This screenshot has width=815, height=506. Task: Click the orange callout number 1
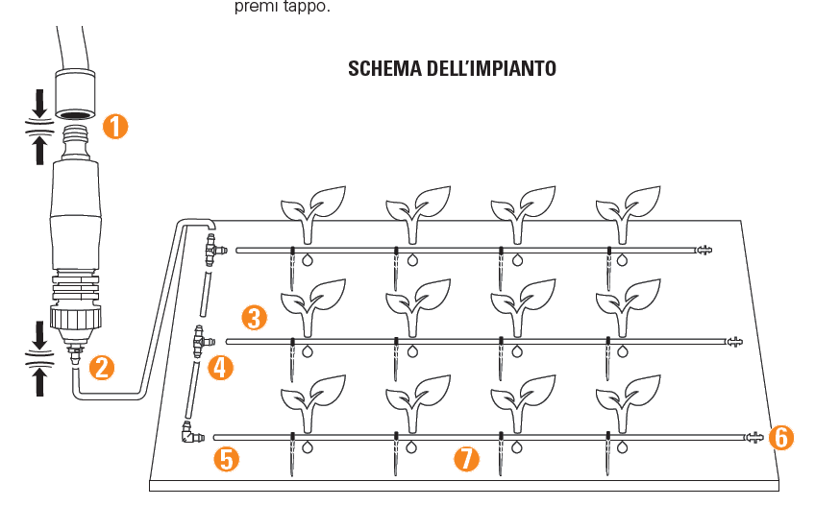(115, 127)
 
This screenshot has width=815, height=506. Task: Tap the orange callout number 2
(101, 366)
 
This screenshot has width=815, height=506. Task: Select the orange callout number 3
(253, 317)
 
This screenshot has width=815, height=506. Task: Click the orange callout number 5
(227, 458)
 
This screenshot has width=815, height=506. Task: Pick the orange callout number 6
(781, 438)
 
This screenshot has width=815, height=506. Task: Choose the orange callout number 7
(466, 458)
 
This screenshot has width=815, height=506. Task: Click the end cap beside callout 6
(755, 438)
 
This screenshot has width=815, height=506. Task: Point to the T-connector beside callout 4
(200, 341)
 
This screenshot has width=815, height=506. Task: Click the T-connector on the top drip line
(212, 252)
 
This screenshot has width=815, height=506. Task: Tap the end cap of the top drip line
(704, 251)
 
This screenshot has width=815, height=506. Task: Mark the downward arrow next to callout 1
(38, 102)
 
